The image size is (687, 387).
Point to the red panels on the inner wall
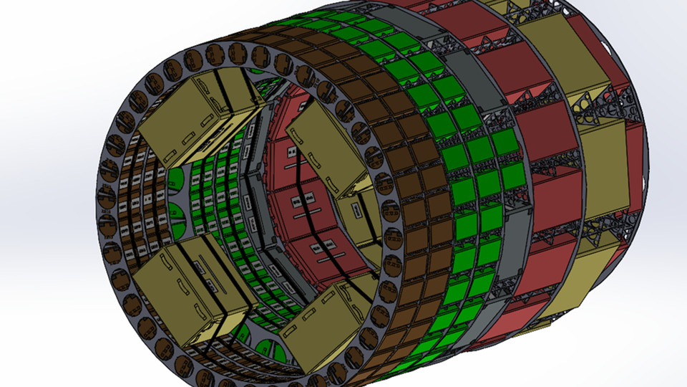click(301, 215)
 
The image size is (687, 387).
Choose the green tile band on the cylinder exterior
click(465, 186)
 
